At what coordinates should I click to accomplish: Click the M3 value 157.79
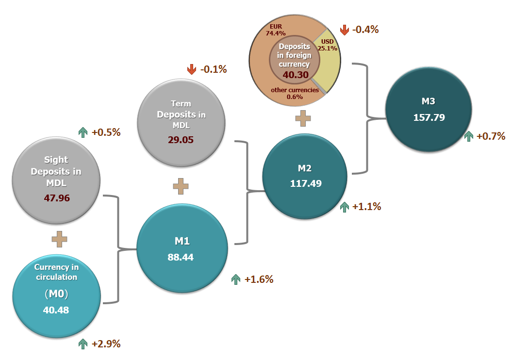click(429, 117)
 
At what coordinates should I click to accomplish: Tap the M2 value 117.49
click(306, 184)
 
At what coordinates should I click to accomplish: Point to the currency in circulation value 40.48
click(55, 310)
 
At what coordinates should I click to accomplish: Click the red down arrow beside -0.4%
click(345, 30)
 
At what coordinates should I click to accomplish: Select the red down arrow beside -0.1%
click(192, 70)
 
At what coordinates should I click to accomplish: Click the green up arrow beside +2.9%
click(83, 344)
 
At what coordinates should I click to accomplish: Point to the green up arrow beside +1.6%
click(236, 279)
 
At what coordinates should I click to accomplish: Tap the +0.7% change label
click(491, 136)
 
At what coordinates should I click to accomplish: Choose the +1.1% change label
click(366, 207)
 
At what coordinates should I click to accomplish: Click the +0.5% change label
click(105, 132)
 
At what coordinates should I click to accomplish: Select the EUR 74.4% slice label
click(274, 30)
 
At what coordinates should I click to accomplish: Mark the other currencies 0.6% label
click(295, 93)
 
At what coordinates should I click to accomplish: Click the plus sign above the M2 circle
click(303, 118)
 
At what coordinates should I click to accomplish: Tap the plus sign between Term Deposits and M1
click(181, 186)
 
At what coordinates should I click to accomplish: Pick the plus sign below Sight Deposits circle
click(59, 239)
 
